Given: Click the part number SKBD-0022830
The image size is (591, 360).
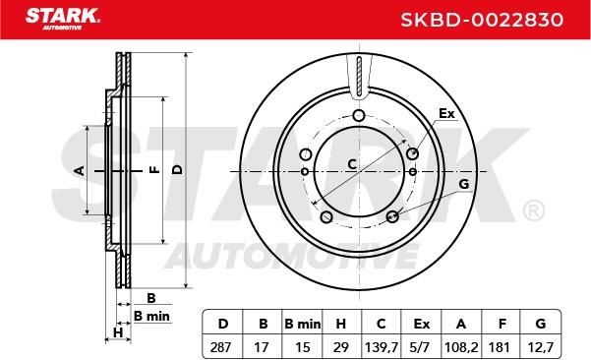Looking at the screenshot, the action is [482, 20].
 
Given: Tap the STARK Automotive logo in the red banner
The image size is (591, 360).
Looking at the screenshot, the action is [62, 19].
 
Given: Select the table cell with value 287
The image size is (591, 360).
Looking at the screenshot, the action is [220, 347].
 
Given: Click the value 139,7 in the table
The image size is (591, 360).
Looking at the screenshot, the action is [382, 347].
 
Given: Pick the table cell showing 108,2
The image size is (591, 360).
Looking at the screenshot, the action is [461, 347].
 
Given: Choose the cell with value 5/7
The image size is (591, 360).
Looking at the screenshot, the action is [421, 347].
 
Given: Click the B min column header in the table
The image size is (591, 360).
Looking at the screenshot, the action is [302, 324].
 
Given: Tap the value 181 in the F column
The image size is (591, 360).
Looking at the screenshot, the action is [501, 347].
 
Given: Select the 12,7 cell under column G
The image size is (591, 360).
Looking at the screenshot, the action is [541, 347].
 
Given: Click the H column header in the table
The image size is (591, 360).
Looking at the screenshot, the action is [341, 324].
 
